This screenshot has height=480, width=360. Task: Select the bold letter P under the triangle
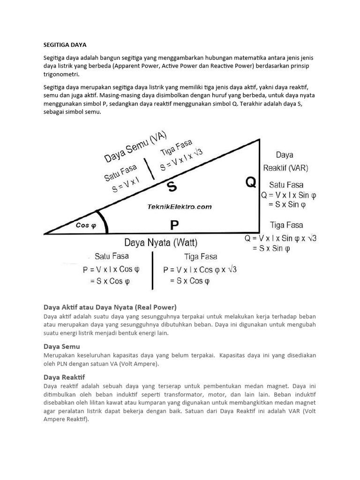point(174,225)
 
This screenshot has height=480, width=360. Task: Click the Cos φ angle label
point(85,225)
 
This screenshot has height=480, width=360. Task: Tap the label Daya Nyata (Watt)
point(161,243)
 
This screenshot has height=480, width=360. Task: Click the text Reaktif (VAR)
point(285,168)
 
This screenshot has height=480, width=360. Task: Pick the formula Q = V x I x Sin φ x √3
point(280,238)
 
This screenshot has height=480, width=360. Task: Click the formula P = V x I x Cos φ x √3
point(200,270)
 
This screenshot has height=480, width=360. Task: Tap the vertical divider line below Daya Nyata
point(152,270)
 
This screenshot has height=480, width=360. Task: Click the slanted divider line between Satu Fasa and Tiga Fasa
point(149,169)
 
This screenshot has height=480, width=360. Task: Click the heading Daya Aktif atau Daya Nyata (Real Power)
point(110,307)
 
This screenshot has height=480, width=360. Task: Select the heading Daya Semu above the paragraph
point(61,346)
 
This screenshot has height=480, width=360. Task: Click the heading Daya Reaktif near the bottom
point(64,377)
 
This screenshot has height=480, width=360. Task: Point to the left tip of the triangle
point(45,233)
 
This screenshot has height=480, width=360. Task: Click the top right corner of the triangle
point(259,139)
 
